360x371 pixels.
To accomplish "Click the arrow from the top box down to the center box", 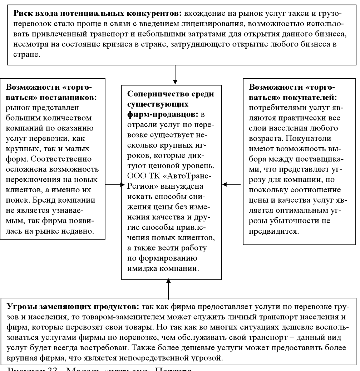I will click(175, 73).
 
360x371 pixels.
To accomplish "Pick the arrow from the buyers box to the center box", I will click(232, 185).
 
